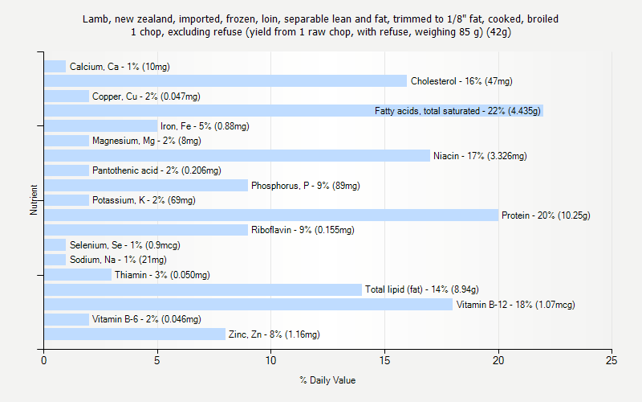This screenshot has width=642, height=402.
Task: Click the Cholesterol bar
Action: (226, 81)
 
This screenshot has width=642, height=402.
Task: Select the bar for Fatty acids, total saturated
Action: (294, 111)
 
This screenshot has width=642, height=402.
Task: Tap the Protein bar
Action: (271, 215)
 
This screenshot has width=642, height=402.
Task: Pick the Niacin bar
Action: (237, 155)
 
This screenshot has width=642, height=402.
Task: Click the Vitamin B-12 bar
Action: (248, 305)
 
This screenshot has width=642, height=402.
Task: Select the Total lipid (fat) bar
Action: (203, 289)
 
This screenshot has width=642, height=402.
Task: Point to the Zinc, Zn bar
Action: (135, 334)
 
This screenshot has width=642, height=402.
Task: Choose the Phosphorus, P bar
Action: (146, 186)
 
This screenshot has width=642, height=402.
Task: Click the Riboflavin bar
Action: (146, 230)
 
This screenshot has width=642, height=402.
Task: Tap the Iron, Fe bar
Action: (100, 125)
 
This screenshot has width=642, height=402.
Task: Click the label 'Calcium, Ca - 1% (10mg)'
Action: (120, 67)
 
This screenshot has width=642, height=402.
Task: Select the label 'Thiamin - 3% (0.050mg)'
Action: (162, 275)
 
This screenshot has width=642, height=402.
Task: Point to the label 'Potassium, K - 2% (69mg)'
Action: (144, 200)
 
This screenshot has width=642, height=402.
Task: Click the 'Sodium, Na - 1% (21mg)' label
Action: (118, 260)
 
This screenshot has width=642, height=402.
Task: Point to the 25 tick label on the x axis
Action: (612, 362)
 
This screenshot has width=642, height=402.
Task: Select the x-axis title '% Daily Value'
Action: (327, 380)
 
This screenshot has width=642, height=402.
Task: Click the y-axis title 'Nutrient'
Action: (34, 200)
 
